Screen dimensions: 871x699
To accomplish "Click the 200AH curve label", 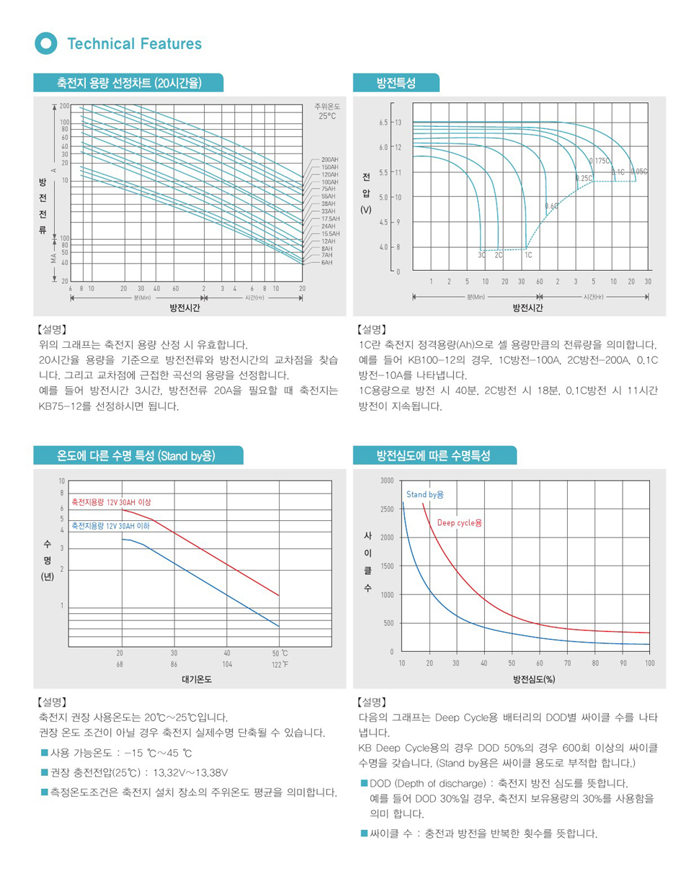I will [x=331, y=158].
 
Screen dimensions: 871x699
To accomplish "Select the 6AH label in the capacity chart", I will [x=327, y=262].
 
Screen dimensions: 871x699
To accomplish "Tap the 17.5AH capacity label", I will [x=331, y=218].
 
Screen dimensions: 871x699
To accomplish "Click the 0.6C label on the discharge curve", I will [x=551, y=206].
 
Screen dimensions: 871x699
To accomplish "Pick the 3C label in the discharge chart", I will [x=481, y=254].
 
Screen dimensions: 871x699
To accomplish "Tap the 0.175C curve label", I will [x=600, y=160].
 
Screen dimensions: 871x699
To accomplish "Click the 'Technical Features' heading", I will [x=134, y=44].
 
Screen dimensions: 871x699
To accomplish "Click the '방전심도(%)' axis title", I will [x=534, y=679].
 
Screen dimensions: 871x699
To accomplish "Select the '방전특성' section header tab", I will [x=396, y=84].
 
